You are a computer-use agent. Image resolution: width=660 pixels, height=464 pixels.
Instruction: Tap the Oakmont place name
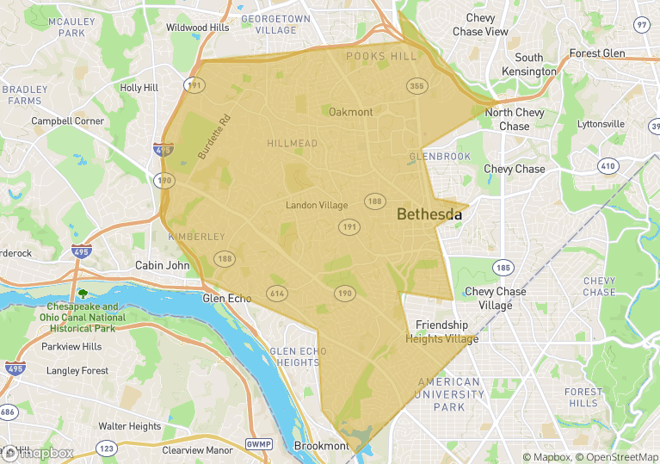pos(351,112)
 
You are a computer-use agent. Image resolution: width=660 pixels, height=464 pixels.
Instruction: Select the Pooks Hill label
pos(380,56)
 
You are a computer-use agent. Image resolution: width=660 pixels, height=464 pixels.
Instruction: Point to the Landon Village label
pos(317,205)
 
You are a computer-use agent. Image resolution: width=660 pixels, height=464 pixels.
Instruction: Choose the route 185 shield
pos(503,268)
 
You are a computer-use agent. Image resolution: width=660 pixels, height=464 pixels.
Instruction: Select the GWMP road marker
pos(258,444)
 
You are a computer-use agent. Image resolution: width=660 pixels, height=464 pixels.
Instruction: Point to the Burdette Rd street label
pos(214,137)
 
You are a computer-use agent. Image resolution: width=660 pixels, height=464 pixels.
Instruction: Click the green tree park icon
pos(83,294)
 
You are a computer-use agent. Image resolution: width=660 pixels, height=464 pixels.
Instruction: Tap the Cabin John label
pos(162,265)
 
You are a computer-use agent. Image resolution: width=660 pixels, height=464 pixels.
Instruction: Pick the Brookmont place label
pos(322,446)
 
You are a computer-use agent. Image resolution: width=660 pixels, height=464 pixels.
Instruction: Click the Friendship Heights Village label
pos(441,331)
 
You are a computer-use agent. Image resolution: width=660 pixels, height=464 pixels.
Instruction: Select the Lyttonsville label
pos(601,124)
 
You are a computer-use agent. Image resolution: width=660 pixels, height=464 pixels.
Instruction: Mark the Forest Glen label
pos(596,53)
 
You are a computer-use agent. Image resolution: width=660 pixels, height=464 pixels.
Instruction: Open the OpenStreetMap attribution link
pos(617,457)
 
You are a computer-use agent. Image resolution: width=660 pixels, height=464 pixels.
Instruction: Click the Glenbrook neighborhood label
pos(440,157)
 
